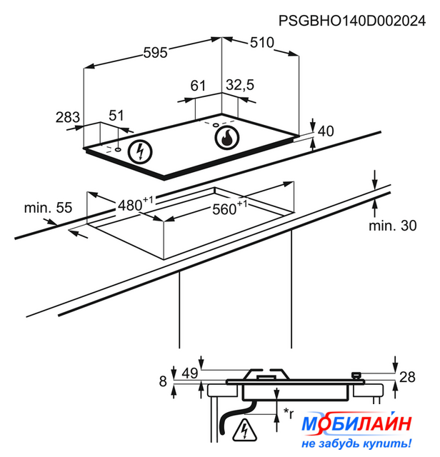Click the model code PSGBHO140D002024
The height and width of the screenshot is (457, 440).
(352, 21)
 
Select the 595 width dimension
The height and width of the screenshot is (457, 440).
(156, 53)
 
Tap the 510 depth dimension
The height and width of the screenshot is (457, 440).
(262, 43)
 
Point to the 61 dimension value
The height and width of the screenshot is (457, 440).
(198, 86)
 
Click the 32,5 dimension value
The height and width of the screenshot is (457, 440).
(240, 85)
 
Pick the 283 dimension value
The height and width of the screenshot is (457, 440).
(68, 117)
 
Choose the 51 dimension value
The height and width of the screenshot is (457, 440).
(116, 116)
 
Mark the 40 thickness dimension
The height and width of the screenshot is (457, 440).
(326, 131)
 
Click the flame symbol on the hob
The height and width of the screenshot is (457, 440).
(227, 137)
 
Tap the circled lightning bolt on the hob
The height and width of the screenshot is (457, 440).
(140, 151)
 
